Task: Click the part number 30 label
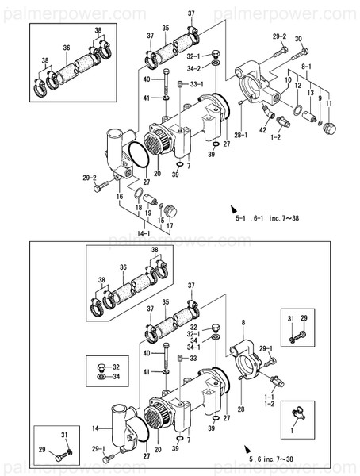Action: tap(298, 40)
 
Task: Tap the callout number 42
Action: tap(262, 130)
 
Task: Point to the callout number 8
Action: tap(243, 321)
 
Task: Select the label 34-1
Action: tap(195, 347)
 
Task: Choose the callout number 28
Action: tap(240, 409)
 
